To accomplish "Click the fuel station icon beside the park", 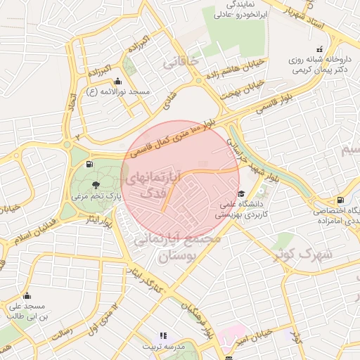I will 89,165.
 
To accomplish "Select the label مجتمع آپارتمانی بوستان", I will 177,247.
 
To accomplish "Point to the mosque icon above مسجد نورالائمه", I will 126,80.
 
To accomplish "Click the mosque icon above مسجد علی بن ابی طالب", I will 27,295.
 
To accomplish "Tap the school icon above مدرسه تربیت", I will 163,336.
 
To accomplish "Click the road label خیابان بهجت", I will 241,89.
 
